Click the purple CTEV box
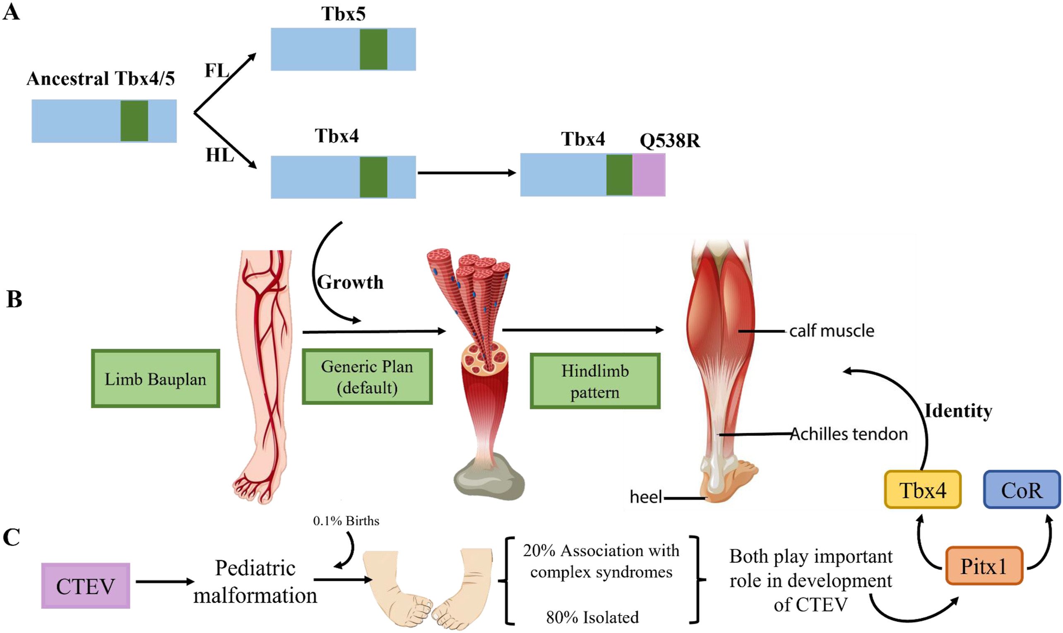(x=85, y=585)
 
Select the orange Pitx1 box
(x=984, y=566)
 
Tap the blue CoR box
(x=1022, y=490)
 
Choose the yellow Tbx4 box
(x=922, y=490)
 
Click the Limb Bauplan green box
(x=155, y=378)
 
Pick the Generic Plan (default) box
(x=367, y=377)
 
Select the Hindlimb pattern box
(x=595, y=381)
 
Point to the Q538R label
(x=669, y=140)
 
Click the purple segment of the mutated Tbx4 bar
(x=649, y=175)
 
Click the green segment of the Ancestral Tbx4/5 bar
(x=134, y=121)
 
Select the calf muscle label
(x=832, y=331)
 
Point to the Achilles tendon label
(x=849, y=434)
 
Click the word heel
(x=646, y=496)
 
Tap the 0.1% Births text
(x=346, y=521)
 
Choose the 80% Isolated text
(x=592, y=617)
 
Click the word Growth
(x=350, y=282)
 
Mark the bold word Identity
(x=958, y=411)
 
